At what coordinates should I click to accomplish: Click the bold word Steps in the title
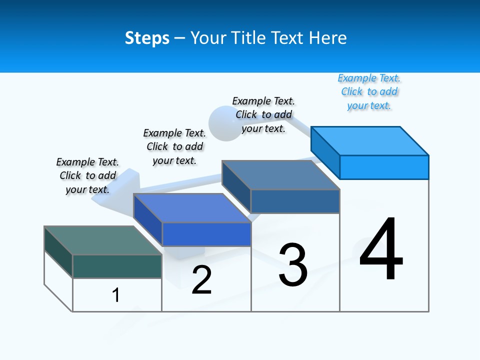click(147, 38)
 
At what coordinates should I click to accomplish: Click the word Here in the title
click(328, 38)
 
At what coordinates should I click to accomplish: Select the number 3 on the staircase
click(293, 265)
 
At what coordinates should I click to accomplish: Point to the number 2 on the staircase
click(201, 279)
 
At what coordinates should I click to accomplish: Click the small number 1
click(116, 295)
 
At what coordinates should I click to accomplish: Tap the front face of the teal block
click(117, 266)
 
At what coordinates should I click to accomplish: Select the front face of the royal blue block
click(206, 234)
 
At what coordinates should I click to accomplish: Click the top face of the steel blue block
click(280, 175)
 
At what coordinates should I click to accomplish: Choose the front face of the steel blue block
click(295, 201)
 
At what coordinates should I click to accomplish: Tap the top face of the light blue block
click(369, 141)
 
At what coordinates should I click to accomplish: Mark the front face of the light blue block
click(384, 167)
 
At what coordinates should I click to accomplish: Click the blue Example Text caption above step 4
click(369, 92)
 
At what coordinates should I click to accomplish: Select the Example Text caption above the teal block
click(87, 175)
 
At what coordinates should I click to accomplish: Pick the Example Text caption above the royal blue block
click(174, 146)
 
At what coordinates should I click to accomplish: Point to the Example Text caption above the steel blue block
click(263, 114)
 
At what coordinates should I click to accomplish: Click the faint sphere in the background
click(220, 122)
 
